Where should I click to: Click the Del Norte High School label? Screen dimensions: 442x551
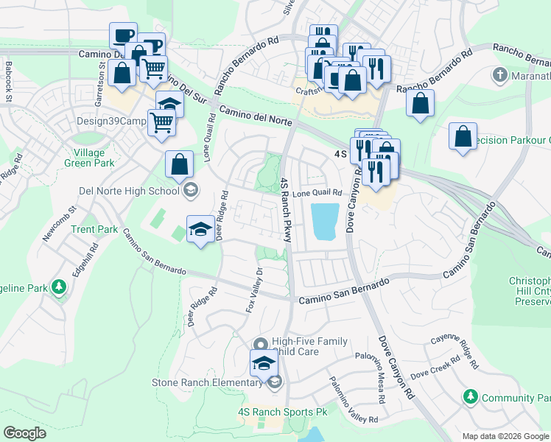129,192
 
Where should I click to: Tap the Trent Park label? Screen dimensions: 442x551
94,230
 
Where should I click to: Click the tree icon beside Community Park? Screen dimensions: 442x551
471,398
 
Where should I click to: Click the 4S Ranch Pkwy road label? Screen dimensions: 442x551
286,210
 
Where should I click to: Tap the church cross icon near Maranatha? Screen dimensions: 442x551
499,75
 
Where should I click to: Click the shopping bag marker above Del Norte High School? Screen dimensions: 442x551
179,165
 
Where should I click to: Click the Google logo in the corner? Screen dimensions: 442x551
25,432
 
